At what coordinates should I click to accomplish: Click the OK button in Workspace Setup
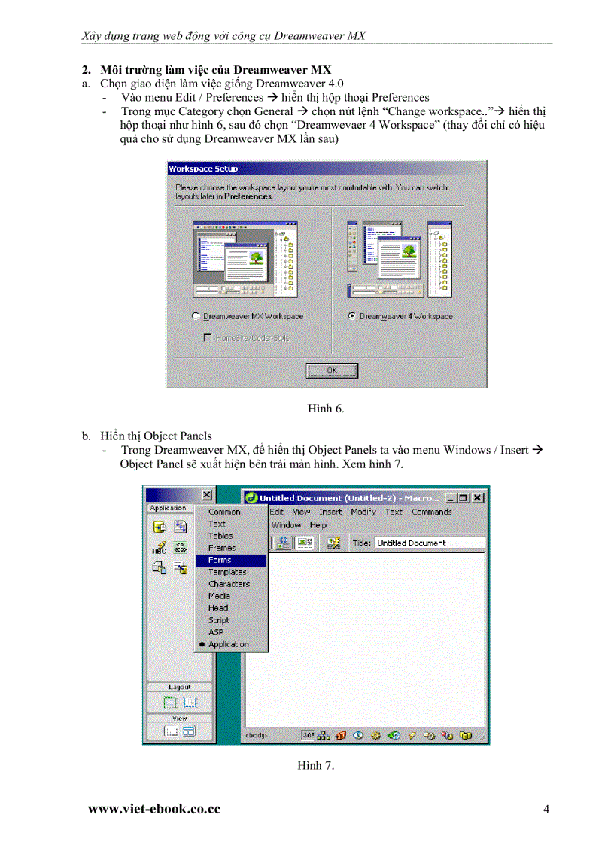[332, 371]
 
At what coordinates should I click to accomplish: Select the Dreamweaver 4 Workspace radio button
[352, 316]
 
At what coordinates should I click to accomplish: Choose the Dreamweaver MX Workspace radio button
[196, 317]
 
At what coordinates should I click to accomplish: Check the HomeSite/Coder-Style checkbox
[208, 339]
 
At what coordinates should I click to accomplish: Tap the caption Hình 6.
[326, 409]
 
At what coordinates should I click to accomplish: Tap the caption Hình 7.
[315, 765]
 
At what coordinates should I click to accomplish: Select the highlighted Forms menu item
[220, 560]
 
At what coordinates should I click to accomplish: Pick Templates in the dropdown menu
[227, 572]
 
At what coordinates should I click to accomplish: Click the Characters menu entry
[229, 584]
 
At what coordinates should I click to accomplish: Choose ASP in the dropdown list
[216, 632]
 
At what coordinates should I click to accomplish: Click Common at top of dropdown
[224, 512]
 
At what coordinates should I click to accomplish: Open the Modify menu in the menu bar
[363, 512]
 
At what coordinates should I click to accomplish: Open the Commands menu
[431, 512]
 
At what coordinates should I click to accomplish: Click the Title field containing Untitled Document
[428, 543]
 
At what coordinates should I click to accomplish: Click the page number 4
[546, 810]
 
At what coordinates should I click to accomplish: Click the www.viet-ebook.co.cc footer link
[154, 810]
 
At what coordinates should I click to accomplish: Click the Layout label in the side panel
[180, 687]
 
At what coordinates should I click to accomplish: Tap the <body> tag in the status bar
[256, 735]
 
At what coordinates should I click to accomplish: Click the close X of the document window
[478, 497]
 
